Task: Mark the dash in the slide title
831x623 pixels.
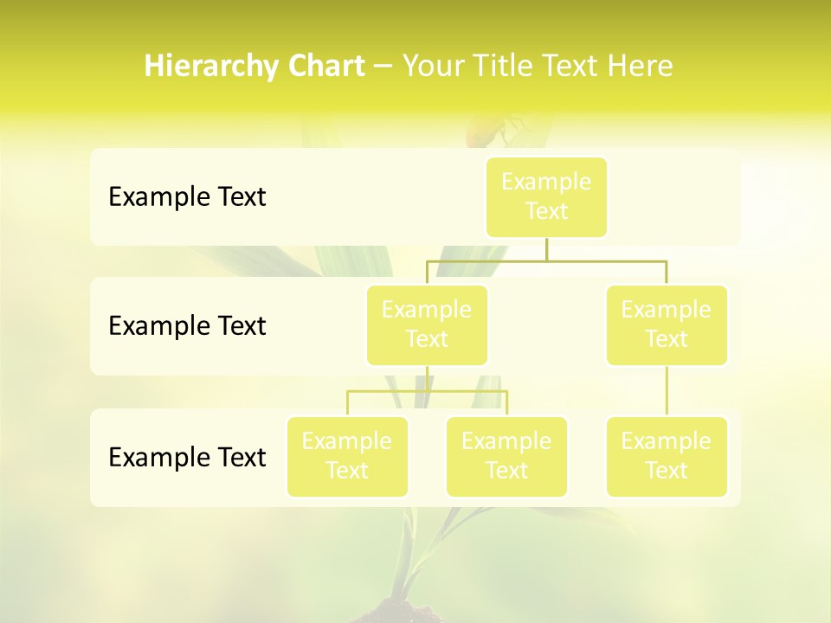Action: tap(383, 67)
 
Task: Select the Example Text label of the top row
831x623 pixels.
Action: tap(187, 196)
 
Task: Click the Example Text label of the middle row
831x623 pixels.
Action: tap(187, 325)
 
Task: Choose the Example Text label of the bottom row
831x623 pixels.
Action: tap(187, 457)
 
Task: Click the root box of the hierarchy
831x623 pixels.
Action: tap(546, 196)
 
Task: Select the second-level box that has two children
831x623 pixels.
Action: tap(427, 325)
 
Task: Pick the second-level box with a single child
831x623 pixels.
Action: tap(667, 325)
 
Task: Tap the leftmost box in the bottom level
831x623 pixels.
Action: tap(347, 457)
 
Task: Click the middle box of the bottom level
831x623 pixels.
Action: tap(506, 457)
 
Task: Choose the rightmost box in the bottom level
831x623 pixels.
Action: tap(667, 457)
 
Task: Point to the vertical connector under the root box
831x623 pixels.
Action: tap(546, 248)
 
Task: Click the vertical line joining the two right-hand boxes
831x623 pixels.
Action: tap(667, 391)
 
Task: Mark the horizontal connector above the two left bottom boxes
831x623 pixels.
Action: tap(427, 391)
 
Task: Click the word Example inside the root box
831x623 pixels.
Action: tap(546, 182)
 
